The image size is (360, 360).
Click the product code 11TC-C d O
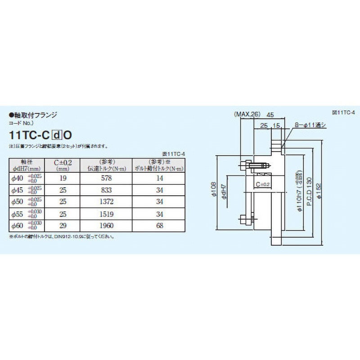coord(41,134)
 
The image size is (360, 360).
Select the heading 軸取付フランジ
coord(33,115)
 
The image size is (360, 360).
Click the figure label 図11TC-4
coord(343,112)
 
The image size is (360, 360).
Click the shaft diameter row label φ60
coord(17,225)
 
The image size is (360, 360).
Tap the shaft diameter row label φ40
coord(17,179)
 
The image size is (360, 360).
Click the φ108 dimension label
coord(213,191)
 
